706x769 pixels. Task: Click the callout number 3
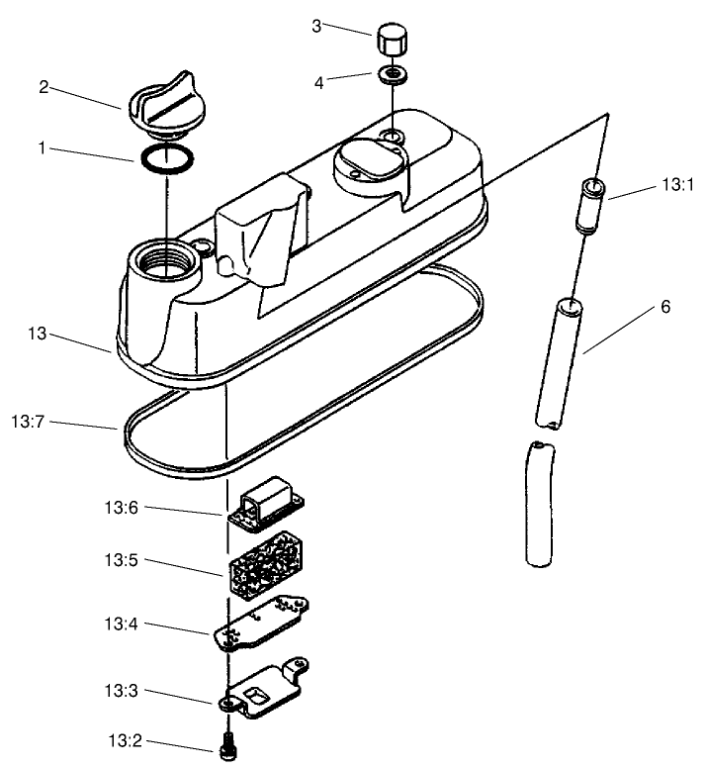[316, 25]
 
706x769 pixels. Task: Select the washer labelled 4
[394, 75]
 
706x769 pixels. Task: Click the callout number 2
[44, 86]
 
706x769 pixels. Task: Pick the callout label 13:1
[676, 185]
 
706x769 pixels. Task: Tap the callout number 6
[665, 308]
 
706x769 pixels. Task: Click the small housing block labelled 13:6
[269, 503]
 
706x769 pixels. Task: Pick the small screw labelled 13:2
[228, 747]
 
